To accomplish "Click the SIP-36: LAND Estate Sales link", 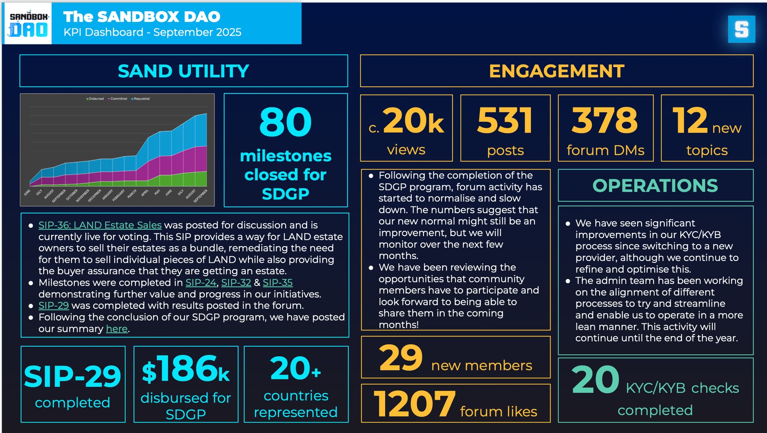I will tap(100, 225).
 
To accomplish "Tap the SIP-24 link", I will tap(201, 283).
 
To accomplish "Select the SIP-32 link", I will tap(236, 283).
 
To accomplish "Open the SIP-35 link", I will tap(278, 283).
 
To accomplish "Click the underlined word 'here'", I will tap(117, 329).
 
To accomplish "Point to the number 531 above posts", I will tap(505, 121).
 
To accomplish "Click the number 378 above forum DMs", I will tap(605, 121).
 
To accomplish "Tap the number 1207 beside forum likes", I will tap(414, 404).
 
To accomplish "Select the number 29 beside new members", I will tap(401, 358).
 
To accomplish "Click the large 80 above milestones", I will tap(285, 122).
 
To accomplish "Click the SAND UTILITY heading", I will tap(183, 71).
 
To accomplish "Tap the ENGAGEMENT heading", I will tap(556, 71).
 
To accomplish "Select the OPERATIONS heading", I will tap(655, 186).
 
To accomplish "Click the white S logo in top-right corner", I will tap(741, 29).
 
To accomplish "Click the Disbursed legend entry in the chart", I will tap(96, 99).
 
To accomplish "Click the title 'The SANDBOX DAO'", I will tap(142, 17).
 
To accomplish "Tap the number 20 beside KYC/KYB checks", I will tap(595, 380).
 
